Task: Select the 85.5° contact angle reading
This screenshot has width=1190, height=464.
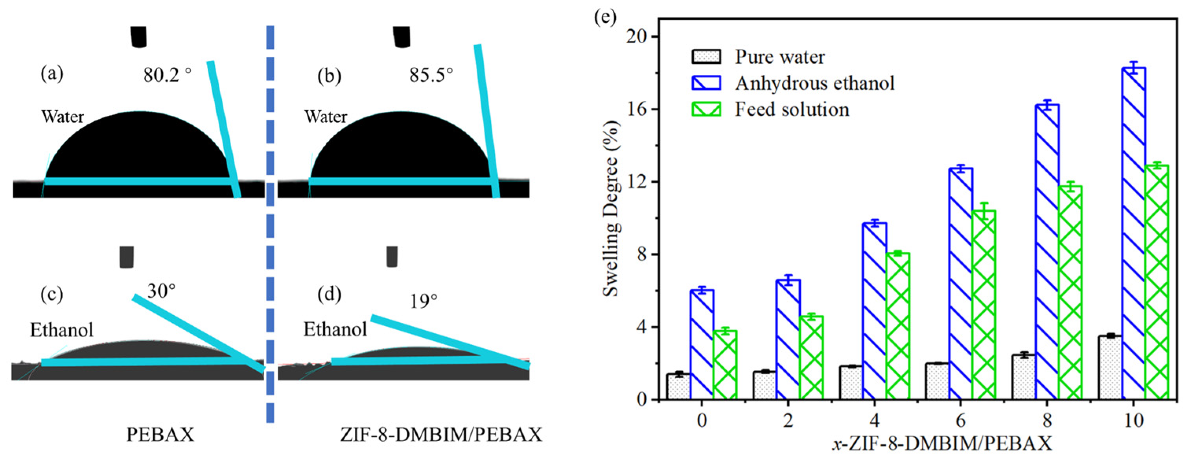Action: (431, 74)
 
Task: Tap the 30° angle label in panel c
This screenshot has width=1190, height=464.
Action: (161, 291)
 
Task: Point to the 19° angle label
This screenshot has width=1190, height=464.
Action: (424, 301)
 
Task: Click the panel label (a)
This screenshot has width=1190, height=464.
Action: (52, 74)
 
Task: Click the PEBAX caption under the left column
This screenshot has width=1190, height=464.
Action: (160, 435)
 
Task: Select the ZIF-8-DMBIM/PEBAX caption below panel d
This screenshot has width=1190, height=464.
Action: (441, 435)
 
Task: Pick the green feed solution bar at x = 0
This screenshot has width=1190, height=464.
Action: (725, 365)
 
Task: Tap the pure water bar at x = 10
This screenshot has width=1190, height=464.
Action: (1111, 368)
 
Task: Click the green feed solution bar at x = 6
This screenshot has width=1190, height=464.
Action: (984, 305)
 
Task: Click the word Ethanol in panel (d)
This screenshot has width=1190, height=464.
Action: (335, 329)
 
